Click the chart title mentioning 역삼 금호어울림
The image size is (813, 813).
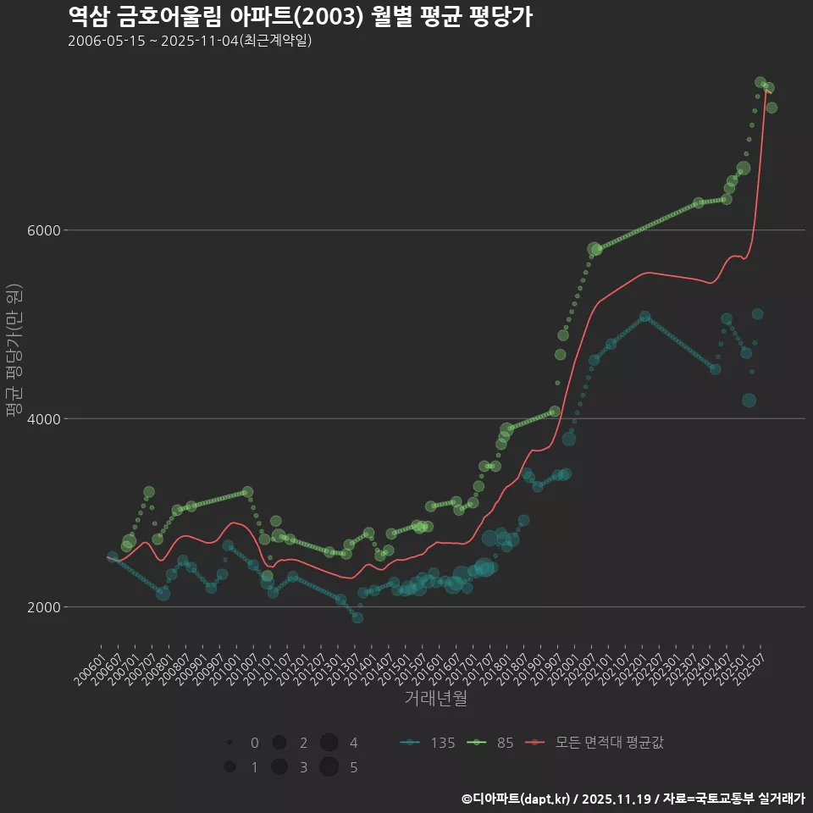click(x=300, y=16)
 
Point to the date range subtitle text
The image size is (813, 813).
click(x=190, y=41)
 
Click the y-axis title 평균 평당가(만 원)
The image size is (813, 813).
click(x=14, y=350)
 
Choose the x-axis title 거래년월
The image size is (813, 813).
click(x=435, y=698)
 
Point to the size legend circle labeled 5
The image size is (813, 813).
click(x=329, y=767)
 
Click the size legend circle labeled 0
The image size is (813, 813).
click(x=230, y=743)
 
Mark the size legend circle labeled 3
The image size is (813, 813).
click(x=279, y=767)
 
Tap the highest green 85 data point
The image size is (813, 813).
click(x=760, y=82)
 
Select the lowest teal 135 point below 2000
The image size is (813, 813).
click(x=357, y=617)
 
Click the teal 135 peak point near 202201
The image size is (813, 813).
click(x=645, y=316)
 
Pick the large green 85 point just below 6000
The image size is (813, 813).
click(x=595, y=250)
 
